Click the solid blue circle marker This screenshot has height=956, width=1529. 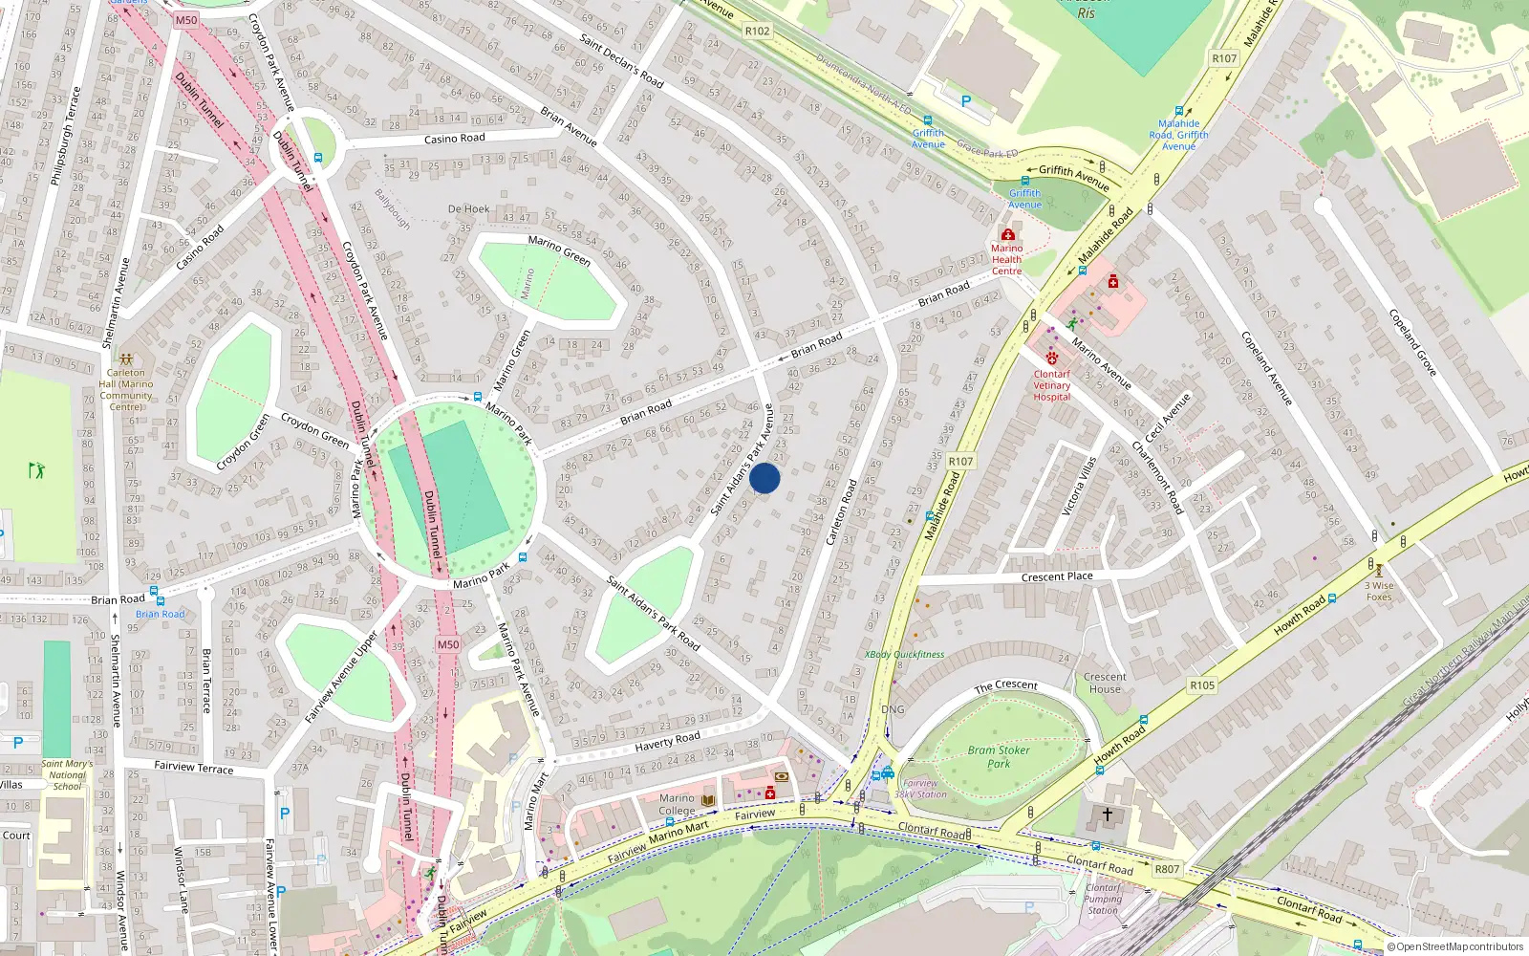764,478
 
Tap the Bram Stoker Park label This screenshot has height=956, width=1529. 999,756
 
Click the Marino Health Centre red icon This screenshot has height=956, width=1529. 1007,234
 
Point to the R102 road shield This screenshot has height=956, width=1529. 757,31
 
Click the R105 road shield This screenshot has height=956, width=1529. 1202,684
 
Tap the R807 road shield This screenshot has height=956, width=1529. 1167,869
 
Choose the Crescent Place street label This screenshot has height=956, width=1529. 1057,576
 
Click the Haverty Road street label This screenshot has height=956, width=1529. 667,741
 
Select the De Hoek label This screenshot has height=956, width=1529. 468,208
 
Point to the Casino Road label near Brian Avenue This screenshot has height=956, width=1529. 455,139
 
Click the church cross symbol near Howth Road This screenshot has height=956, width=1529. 1108,815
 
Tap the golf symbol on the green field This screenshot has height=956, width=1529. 37,470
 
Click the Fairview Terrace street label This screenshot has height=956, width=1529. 194,767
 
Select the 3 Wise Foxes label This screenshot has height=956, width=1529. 1379,591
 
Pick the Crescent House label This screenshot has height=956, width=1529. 1105,683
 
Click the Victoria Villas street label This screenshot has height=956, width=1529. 1080,486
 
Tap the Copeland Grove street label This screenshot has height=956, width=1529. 1412,342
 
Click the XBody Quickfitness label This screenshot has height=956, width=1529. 904,655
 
